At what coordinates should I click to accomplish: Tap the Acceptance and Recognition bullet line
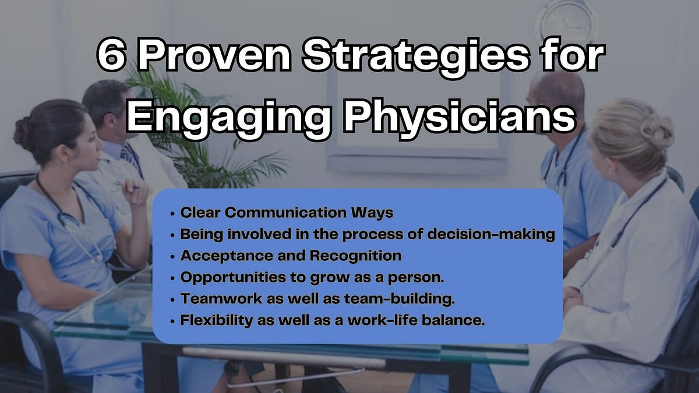pyautogui.click(x=291, y=256)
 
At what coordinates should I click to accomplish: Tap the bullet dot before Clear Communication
pyautogui.click(x=172, y=214)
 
